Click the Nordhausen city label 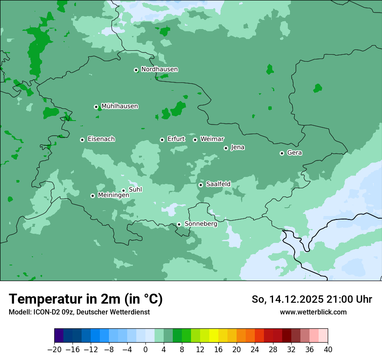pos(159,69)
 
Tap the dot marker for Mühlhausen pos(96,107)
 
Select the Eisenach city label pos(101,139)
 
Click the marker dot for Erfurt pos(162,140)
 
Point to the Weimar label pos(212,139)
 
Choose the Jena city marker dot pos(226,148)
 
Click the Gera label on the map pos(294,153)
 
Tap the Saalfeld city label pos(218,184)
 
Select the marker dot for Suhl pos(123,190)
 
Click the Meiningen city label pos(113,195)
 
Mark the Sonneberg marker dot pos(179,224)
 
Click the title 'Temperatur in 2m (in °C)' pos(86,299)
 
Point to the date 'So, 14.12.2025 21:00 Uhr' pos(312,299)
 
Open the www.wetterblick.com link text pos(313,312)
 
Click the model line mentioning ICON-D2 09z pos(79,312)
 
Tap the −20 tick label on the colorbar pos(54,350)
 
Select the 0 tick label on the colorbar pos(145,350)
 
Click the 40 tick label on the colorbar pos(328,350)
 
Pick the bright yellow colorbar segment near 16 pos(214,336)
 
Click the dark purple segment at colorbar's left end pos(59,336)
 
